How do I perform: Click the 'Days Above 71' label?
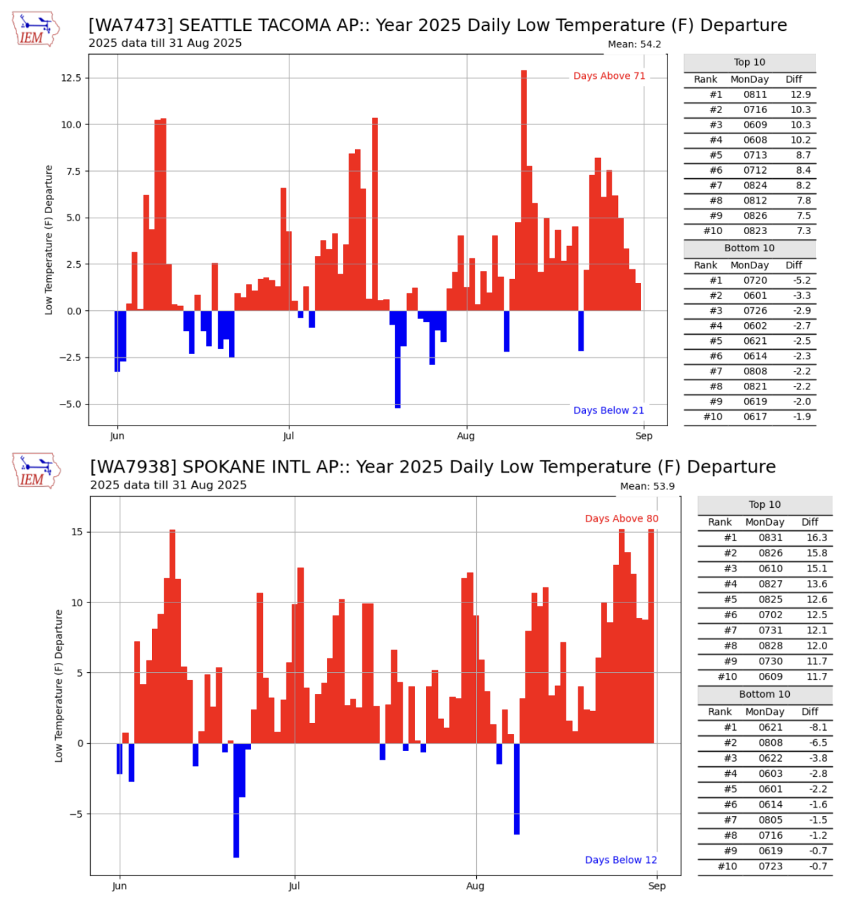tap(609, 76)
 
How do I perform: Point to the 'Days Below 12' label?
tap(621, 860)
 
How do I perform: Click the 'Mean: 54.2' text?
tap(634, 44)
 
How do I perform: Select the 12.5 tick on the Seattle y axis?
tap(71, 78)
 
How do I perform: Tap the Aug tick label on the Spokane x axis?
tap(475, 886)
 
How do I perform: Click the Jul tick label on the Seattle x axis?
tap(288, 436)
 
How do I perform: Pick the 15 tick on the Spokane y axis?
tap(78, 531)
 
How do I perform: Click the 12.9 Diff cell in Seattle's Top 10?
tap(800, 95)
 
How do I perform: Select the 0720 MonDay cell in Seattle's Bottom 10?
tap(755, 280)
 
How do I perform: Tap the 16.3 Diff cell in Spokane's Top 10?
tap(817, 537)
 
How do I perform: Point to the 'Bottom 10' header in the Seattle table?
tap(750, 248)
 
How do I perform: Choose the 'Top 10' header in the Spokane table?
tap(765, 504)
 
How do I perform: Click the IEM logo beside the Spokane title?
tap(36, 471)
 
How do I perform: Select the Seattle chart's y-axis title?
tap(49, 239)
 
